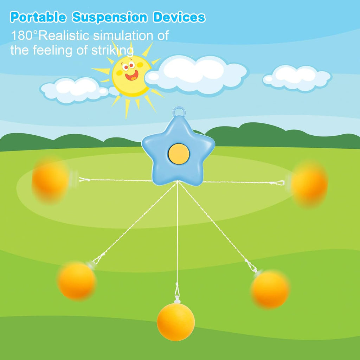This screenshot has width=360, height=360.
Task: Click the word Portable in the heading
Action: (38, 17)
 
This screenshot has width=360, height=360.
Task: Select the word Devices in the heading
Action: (179, 17)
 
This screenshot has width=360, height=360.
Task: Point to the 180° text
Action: (24, 36)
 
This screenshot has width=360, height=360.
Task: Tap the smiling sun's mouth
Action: (132, 75)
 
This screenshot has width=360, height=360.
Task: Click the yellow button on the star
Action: (179, 154)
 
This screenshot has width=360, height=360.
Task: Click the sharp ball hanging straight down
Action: (176, 322)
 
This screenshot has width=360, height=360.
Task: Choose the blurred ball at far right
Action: (309, 184)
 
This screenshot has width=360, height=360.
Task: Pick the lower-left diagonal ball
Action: (77, 281)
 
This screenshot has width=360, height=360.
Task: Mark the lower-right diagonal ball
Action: (270, 289)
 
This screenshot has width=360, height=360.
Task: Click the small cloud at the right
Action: (297, 78)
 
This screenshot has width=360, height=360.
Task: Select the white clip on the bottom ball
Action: (177, 300)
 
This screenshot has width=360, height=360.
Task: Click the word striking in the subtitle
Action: (112, 50)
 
